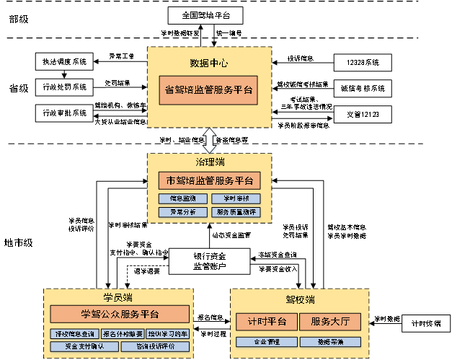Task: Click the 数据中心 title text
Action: click(209, 63)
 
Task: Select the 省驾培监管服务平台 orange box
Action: click(209, 90)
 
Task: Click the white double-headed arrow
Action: click(209, 139)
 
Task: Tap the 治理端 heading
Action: click(210, 162)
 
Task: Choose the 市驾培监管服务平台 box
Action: click(210, 180)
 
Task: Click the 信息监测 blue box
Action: click(183, 198)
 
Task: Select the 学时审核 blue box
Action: click(236, 198)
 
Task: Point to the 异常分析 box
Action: click(183, 212)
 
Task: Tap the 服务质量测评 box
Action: click(236, 212)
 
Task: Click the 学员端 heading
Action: click(118, 297)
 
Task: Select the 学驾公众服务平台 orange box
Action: click(120, 314)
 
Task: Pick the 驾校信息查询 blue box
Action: click(74, 334)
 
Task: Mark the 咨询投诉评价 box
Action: click(155, 346)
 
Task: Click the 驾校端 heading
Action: click(300, 299)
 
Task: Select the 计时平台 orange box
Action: click(267, 322)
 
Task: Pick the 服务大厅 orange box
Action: click(330, 322)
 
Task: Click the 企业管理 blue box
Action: click(267, 341)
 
